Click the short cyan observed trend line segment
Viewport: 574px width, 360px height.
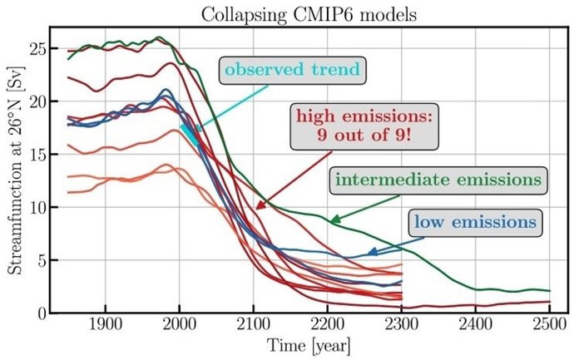(190, 136)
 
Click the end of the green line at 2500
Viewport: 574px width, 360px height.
(549, 291)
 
